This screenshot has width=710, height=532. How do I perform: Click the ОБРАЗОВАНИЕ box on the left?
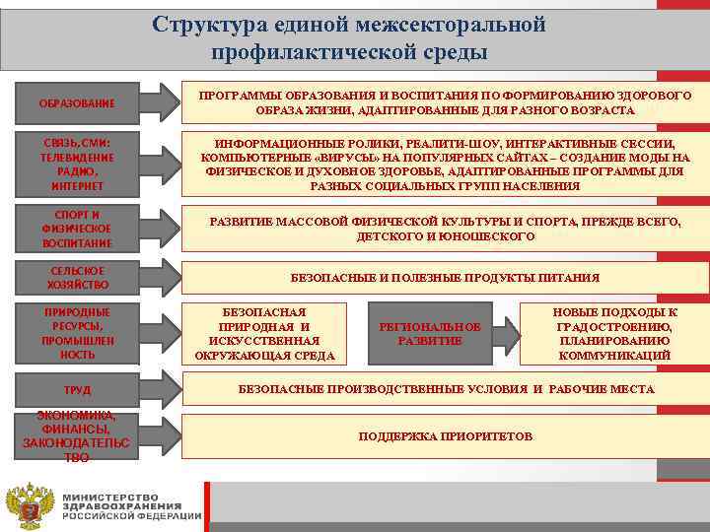click(76, 103)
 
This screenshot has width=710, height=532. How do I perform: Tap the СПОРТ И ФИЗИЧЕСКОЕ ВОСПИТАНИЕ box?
click(76, 229)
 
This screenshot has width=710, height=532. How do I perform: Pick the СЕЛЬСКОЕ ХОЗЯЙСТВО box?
click(76, 278)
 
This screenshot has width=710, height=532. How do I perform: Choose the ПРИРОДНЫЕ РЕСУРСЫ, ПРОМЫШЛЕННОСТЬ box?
click(76, 333)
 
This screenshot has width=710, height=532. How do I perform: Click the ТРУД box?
click(76, 389)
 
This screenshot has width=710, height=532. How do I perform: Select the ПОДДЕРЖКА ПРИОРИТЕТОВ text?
click(445, 435)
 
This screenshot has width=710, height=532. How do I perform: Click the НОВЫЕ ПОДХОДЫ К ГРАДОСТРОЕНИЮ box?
click(614, 333)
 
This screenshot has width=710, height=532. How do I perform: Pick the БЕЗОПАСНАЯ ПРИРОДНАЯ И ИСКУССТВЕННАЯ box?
click(264, 333)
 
